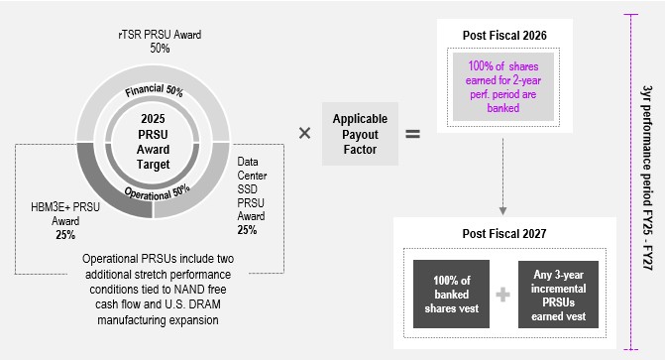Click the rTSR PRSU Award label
(x=160, y=34)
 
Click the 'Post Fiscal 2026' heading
(x=504, y=36)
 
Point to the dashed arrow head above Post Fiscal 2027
(x=503, y=210)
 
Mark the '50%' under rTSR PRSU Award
(x=160, y=48)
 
